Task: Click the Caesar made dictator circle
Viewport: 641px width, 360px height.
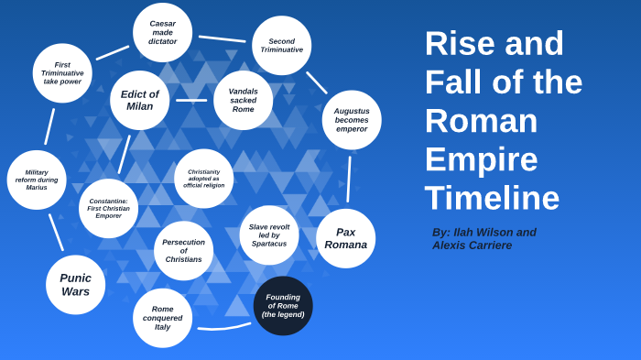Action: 162,33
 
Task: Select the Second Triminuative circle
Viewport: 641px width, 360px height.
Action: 281,46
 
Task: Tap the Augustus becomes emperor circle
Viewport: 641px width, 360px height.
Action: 352,120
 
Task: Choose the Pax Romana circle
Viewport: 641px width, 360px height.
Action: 345,238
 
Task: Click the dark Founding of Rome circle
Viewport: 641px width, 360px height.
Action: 283,306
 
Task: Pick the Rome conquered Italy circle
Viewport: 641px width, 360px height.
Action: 162,318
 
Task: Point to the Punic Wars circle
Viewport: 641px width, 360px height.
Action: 75,285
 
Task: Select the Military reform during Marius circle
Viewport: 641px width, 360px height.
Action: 37,180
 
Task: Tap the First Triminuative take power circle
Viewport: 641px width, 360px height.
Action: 62,73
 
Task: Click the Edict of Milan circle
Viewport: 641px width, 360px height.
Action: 139,100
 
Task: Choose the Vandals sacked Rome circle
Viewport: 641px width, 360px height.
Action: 243,100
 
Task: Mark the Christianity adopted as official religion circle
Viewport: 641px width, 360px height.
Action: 203,179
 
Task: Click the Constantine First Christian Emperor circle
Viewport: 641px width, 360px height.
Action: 108,209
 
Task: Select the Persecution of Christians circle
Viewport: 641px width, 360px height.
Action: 183,251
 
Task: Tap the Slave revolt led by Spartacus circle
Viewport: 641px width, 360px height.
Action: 269,235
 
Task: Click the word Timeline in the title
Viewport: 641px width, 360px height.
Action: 492,199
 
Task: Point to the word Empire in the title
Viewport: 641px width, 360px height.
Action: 481,159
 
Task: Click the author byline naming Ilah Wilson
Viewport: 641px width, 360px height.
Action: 484,238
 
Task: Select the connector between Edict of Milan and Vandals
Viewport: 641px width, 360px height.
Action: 191,100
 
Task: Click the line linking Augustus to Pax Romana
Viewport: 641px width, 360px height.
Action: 349,179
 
